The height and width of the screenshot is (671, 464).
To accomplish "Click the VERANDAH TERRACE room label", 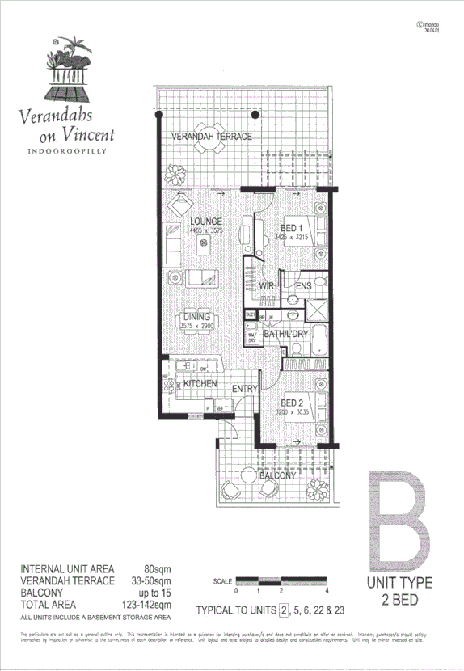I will (x=212, y=137).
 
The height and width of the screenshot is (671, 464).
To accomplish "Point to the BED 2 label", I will (x=291, y=402).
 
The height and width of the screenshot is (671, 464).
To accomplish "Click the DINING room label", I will (x=196, y=317).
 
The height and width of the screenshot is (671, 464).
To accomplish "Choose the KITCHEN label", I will (x=200, y=383).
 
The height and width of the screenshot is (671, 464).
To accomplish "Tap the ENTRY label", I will (x=244, y=390).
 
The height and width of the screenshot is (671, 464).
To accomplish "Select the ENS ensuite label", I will (x=304, y=286).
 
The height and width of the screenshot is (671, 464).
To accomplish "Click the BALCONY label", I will (x=277, y=476).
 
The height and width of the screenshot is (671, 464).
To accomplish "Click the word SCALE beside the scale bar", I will (x=223, y=581).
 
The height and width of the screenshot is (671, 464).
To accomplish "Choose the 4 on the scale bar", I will (x=324, y=593).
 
